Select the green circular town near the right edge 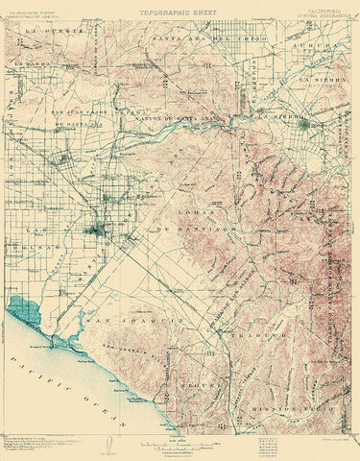point(304,123)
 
